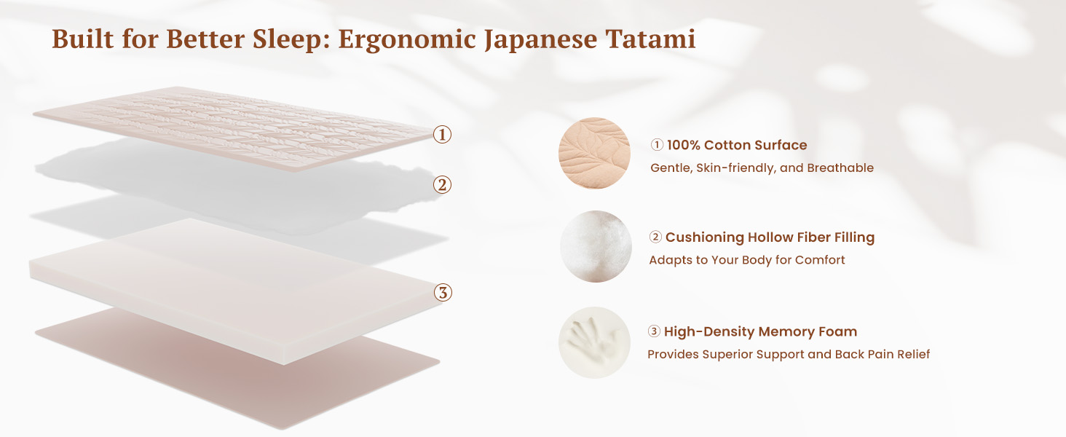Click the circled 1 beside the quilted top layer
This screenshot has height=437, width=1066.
click(442, 135)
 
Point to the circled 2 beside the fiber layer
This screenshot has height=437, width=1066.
click(442, 185)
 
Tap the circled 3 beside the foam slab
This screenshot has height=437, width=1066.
click(443, 292)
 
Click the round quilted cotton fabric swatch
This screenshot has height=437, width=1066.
click(594, 153)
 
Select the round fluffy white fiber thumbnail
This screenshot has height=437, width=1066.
click(596, 247)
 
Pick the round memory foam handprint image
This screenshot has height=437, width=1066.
click(594, 343)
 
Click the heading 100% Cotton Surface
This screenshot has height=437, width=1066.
click(737, 145)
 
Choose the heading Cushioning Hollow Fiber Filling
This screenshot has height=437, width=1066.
click(770, 237)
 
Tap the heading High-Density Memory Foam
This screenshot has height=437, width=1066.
click(760, 332)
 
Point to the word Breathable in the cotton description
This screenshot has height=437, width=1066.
click(840, 168)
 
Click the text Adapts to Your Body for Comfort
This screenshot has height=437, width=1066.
click(747, 261)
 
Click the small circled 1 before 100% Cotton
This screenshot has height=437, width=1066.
click(657, 145)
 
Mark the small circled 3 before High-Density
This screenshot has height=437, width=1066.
click(654, 331)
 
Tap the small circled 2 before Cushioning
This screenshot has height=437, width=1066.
click(655, 237)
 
